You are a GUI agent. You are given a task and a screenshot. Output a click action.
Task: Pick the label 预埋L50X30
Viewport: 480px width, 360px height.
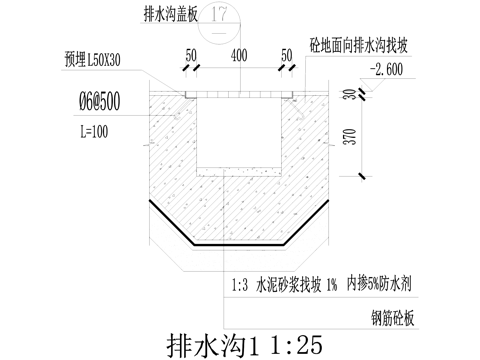[96, 57]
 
